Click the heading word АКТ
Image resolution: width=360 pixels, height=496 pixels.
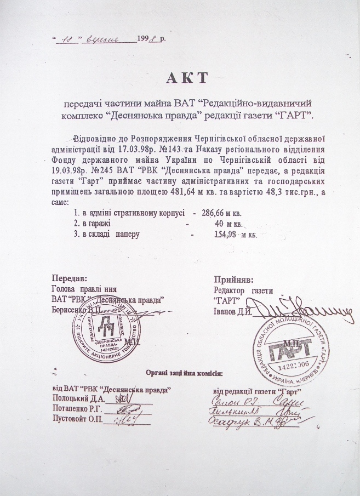coord(187,77)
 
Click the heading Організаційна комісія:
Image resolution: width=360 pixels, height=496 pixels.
coord(184,374)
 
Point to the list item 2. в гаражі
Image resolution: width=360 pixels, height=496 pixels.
coord(93,224)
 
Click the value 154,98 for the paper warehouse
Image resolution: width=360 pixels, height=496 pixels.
coord(223,235)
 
